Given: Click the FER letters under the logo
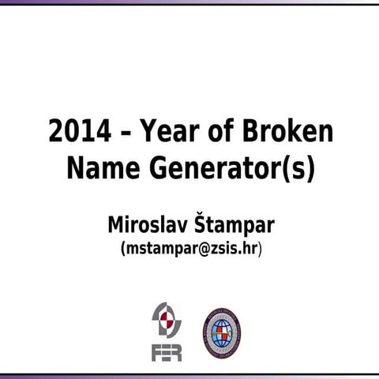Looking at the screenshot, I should point(167,351).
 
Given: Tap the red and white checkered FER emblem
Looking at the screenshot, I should point(167,321).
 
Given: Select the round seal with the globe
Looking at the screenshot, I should point(222,332).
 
